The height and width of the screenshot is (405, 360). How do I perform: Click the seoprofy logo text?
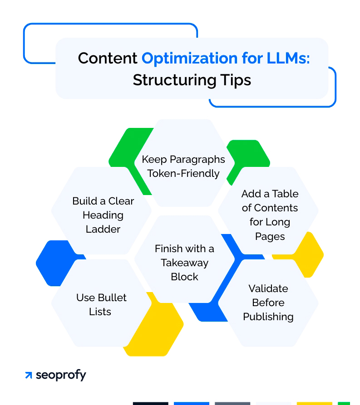coord(61,375)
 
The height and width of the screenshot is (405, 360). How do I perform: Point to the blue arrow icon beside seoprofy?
coord(29,376)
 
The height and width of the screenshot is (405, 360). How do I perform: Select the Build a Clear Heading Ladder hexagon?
coord(103,215)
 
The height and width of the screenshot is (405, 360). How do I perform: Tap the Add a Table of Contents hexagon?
coord(270,215)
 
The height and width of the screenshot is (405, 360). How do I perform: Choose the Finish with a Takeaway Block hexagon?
coord(184,262)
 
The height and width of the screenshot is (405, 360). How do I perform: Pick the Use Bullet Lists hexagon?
coord(101,304)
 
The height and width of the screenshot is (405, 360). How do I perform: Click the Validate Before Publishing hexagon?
coord(268,303)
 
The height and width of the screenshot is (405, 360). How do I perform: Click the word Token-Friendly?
coord(183,173)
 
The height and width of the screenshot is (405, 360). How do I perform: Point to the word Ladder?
coord(103,229)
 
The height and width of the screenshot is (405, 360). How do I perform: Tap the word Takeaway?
coord(184,263)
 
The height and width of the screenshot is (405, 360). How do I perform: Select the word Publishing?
coord(268,317)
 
